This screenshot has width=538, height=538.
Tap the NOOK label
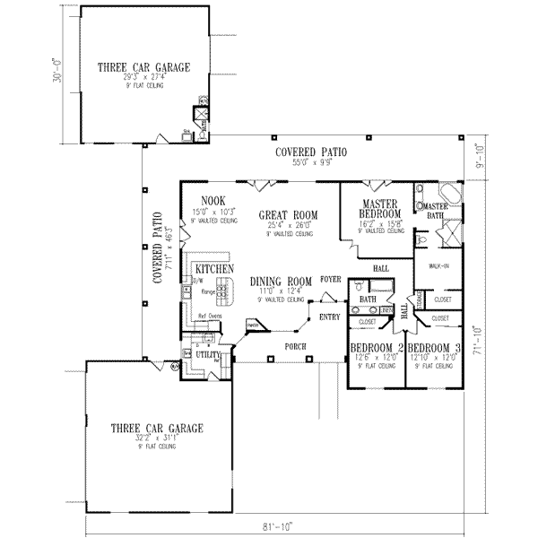click(213, 200)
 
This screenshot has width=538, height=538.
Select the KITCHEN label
click(215, 268)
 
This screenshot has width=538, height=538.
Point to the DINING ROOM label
click(281, 281)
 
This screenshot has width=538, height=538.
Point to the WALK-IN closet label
click(439, 266)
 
